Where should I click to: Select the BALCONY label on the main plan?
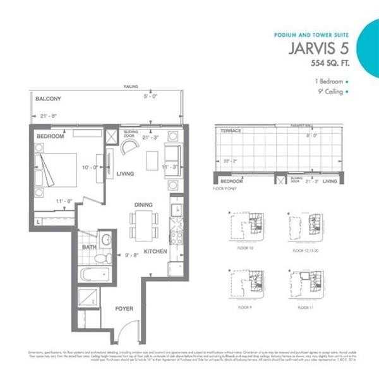click(x=49, y=99)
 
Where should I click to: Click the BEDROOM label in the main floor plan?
click(x=51, y=136)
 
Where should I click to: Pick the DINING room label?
click(x=145, y=205)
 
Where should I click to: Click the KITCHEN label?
click(x=155, y=251)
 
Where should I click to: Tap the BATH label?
click(x=89, y=247)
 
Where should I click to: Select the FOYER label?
click(x=123, y=309)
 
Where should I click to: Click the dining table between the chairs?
click(x=145, y=224)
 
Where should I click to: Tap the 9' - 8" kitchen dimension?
click(x=131, y=256)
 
